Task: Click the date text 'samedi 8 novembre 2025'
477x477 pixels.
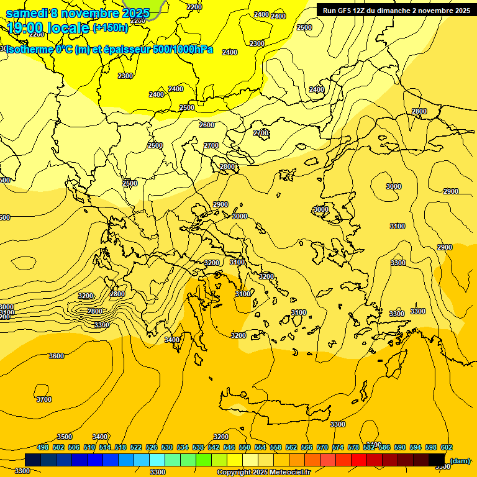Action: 78,13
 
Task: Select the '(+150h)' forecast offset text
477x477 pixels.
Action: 111,28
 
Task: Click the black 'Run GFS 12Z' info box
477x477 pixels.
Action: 396,10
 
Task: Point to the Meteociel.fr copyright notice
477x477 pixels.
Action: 263,472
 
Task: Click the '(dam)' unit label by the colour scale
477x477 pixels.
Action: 460,460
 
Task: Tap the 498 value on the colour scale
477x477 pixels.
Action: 43,447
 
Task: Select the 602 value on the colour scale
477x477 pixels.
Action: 447,447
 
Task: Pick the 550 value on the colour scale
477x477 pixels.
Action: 245,447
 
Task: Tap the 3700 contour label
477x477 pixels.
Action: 43,399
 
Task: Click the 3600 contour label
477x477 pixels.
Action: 56,356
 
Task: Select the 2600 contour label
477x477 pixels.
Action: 207,125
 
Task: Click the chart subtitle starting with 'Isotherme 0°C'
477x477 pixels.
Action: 109,49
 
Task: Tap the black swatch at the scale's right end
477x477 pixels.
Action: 437,460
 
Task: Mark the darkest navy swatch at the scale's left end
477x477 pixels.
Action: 33,460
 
